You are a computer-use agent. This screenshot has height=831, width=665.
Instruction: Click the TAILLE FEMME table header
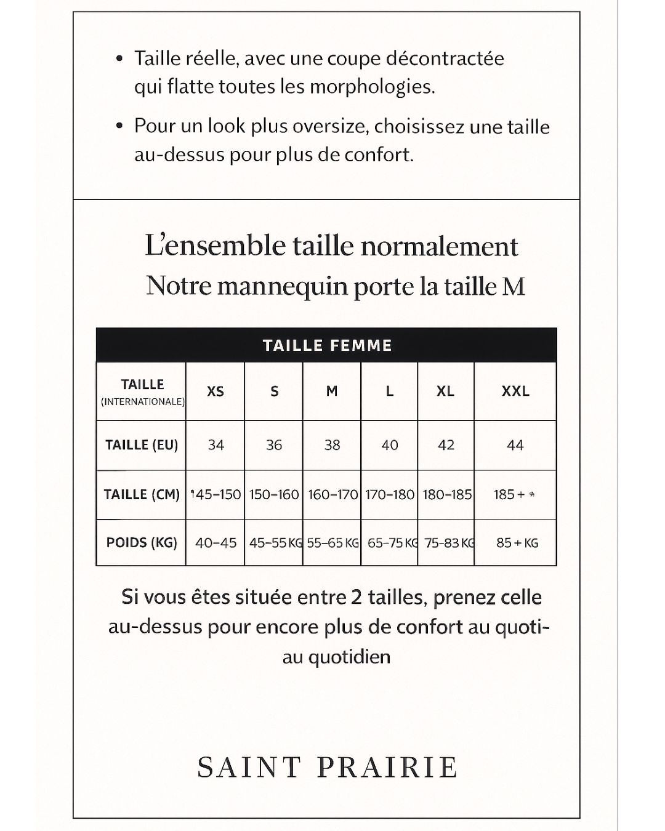327,345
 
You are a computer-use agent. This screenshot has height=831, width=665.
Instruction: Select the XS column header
216,391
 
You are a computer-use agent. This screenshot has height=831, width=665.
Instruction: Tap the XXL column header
515,391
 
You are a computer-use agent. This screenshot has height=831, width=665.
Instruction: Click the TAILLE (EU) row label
142,445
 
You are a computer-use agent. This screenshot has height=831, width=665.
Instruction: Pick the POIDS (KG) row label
142,543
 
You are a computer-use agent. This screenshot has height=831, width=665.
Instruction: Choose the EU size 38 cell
332,445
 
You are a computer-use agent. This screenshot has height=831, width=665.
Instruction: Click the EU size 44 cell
515,445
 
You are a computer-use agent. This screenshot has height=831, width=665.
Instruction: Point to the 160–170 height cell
332,495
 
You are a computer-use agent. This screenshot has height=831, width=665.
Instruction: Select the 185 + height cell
514,495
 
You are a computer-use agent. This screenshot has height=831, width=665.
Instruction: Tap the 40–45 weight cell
216,543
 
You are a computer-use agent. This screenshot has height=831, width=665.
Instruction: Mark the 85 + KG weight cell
517,543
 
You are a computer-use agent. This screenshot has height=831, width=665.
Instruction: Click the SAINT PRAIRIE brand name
327,768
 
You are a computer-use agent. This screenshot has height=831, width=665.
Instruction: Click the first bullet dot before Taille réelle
120,59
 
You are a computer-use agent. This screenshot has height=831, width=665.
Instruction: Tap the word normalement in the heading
439,246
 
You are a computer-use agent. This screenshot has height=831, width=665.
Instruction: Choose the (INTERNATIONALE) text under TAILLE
142,402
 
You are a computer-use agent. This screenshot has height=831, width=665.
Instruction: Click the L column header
389,391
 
